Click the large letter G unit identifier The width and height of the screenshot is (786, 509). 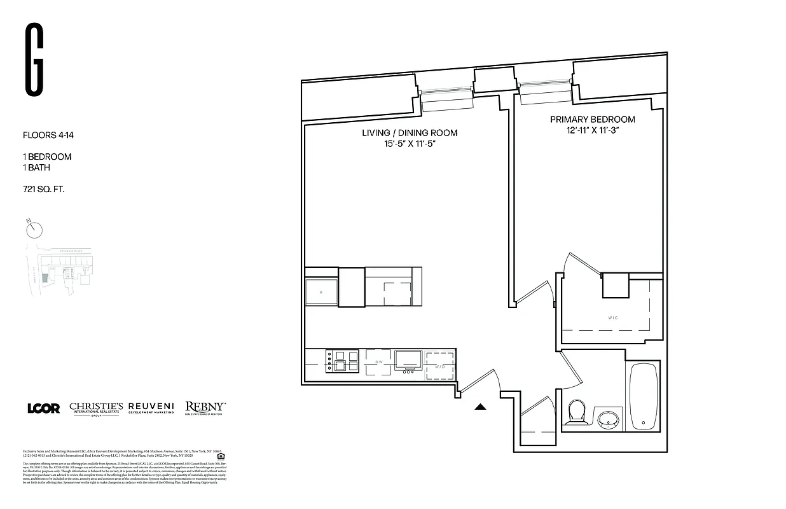coord(34,60)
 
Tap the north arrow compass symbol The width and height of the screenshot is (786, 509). coord(34,228)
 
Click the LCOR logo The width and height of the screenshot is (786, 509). coord(43,408)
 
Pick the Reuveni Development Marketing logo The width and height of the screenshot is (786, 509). coord(151,408)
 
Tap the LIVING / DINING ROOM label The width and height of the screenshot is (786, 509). coord(410,133)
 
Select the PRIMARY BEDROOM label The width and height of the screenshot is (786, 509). coord(592,120)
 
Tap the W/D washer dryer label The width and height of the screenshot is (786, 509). coord(440,366)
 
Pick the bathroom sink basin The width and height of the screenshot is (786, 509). coord(609,419)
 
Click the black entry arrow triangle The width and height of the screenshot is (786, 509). coord(481,407)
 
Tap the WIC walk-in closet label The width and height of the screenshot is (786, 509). coord(612,317)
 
